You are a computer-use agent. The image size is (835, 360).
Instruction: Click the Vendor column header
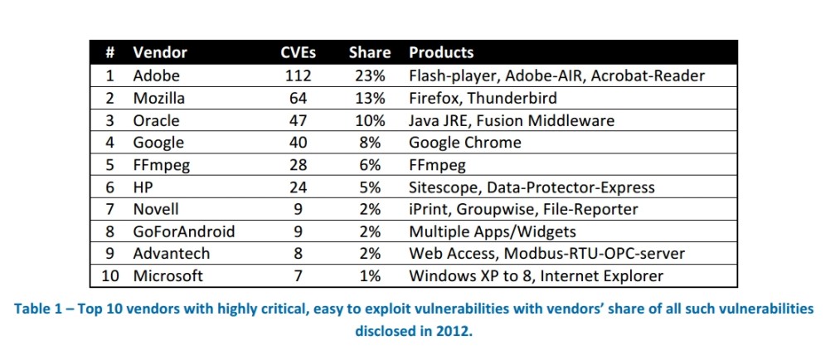[160, 52]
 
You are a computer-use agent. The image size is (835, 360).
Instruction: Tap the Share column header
[369, 52]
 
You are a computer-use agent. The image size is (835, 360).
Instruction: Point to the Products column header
[441, 52]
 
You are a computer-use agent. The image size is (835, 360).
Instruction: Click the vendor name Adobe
[156, 75]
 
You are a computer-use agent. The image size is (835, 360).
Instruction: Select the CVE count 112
[296, 75]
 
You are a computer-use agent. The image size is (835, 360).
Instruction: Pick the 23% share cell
[369, 75]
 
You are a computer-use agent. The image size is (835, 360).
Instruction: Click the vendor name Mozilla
[159, 98]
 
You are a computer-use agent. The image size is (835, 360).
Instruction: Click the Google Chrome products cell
[465, 143]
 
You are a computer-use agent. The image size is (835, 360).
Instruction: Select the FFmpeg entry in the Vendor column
[162, 165]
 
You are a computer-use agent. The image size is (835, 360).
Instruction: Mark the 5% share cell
[369, 187]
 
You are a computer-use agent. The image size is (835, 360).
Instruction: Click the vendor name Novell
[157, 209]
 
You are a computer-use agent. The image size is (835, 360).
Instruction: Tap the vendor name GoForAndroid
[183, 231]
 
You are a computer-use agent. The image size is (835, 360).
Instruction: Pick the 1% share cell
[369, 276]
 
